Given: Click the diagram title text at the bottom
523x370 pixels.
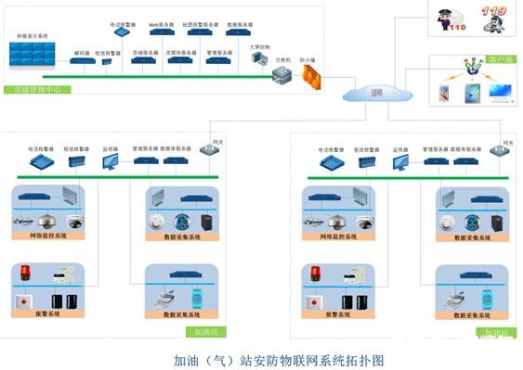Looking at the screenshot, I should tap(261, 357).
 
